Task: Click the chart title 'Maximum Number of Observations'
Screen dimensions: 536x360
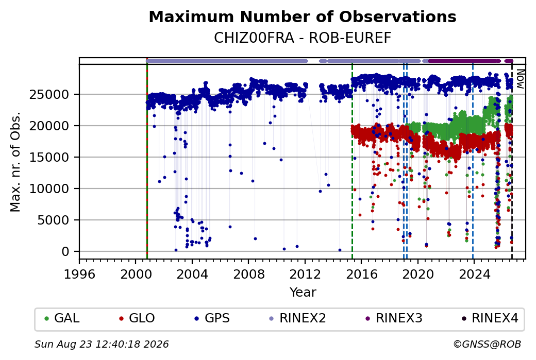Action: pos(303,16)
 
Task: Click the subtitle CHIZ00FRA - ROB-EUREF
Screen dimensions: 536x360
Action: pos(303,38)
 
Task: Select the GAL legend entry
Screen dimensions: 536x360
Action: pos(62,318)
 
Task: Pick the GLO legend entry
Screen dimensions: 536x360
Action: pos(137,318)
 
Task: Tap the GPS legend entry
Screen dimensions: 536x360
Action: pos(212,318)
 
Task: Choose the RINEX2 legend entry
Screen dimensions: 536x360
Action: pos(297,318)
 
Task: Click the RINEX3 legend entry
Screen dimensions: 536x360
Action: pos(394,318)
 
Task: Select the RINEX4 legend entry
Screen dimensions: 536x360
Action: pos(490,318)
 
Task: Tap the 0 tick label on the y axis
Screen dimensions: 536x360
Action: pos(65,252)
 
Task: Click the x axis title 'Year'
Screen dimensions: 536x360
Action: pos(303,293)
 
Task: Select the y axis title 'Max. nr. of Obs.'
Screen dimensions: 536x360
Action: pos(15,162)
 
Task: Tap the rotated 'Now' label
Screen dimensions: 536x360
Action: pos(520,79)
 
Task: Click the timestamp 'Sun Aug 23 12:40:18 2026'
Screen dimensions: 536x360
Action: pos(102,344)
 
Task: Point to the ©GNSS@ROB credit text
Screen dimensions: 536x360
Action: pos(487,344)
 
